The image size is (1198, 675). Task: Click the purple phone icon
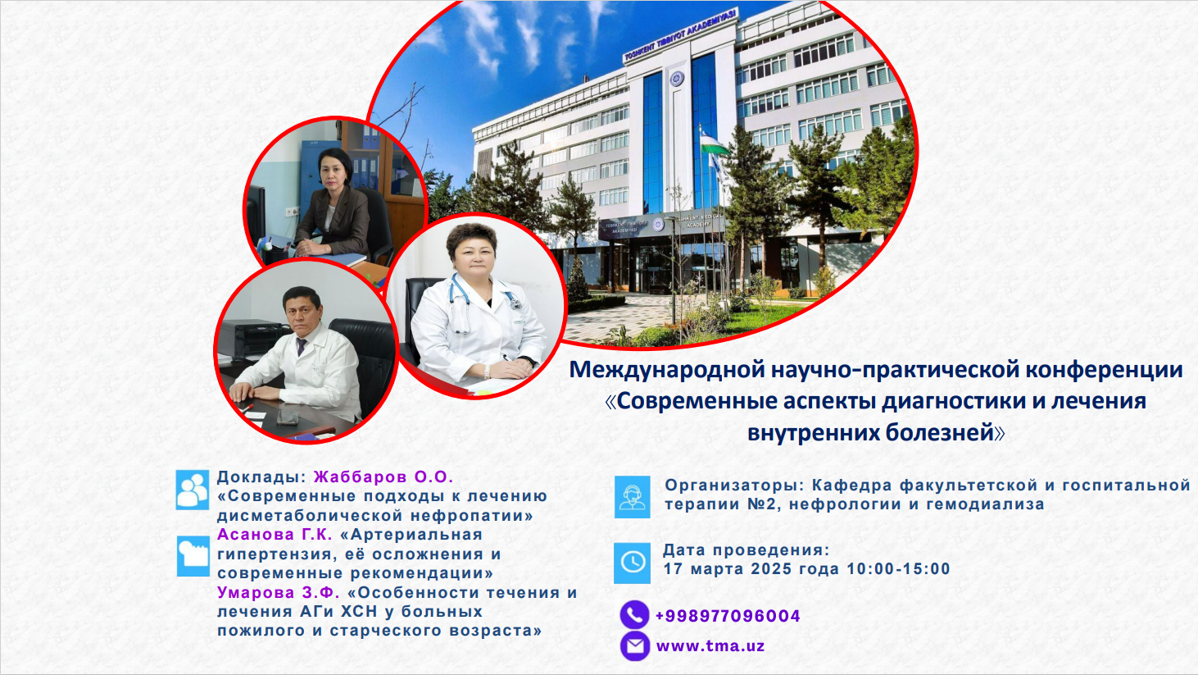[635, 614]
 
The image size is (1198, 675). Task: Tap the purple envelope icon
[635, 646]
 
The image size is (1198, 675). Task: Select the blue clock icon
[632, 563]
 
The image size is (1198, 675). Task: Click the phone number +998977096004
[728, 616]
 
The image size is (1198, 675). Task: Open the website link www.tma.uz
[710, 646]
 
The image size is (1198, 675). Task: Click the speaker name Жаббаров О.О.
[383, 477]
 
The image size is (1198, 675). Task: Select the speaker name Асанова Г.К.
[275, 534]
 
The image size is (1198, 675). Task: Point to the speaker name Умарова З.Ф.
[279, 592]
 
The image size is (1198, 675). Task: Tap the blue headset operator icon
[632, 497]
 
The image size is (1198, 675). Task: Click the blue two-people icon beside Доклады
[193, 490]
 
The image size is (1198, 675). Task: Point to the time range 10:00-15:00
[898, 568]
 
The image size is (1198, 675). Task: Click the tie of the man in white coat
[302, 347]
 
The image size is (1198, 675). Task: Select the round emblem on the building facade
[677, 79]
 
